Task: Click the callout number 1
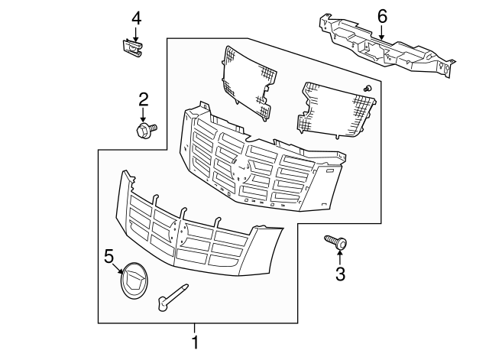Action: (195, 343)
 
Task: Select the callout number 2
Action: (143, 99)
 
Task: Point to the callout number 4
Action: (136, 17)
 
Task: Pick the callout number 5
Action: (108, 256)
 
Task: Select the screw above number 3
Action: (336, 243)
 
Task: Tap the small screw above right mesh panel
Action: (368, 89)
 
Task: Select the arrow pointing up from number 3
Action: (340, 256)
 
